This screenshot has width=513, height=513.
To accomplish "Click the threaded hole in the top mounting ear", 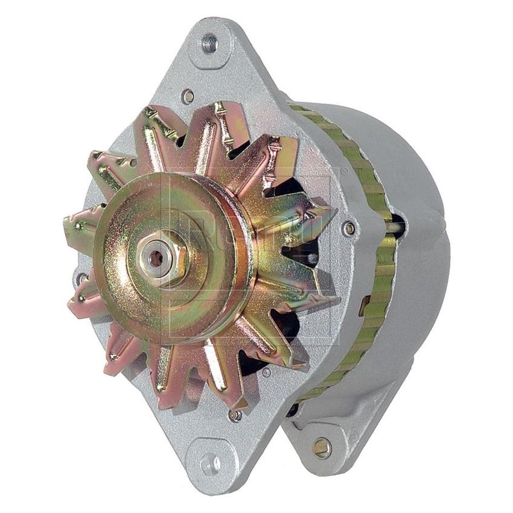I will tap(209, 43).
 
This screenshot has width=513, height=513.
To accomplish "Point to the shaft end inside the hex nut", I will tap(156, 258).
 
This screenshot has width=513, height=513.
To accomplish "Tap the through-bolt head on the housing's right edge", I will tap(349, 228).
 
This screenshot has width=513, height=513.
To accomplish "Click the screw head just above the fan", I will tap(188, 95).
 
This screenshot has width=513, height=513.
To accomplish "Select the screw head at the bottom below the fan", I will tap(235, 415).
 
